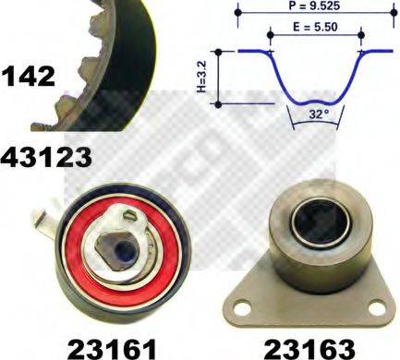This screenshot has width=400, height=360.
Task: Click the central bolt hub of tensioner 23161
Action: point(118,252)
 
